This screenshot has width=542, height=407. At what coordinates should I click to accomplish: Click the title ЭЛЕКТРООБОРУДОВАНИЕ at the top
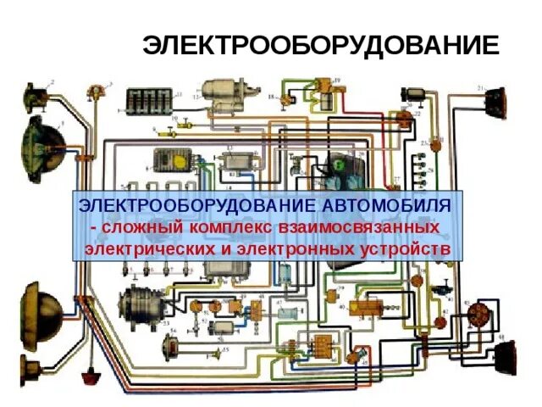[x=321, y=45]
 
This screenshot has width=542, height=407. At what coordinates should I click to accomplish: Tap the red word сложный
[x=137, y=228]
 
